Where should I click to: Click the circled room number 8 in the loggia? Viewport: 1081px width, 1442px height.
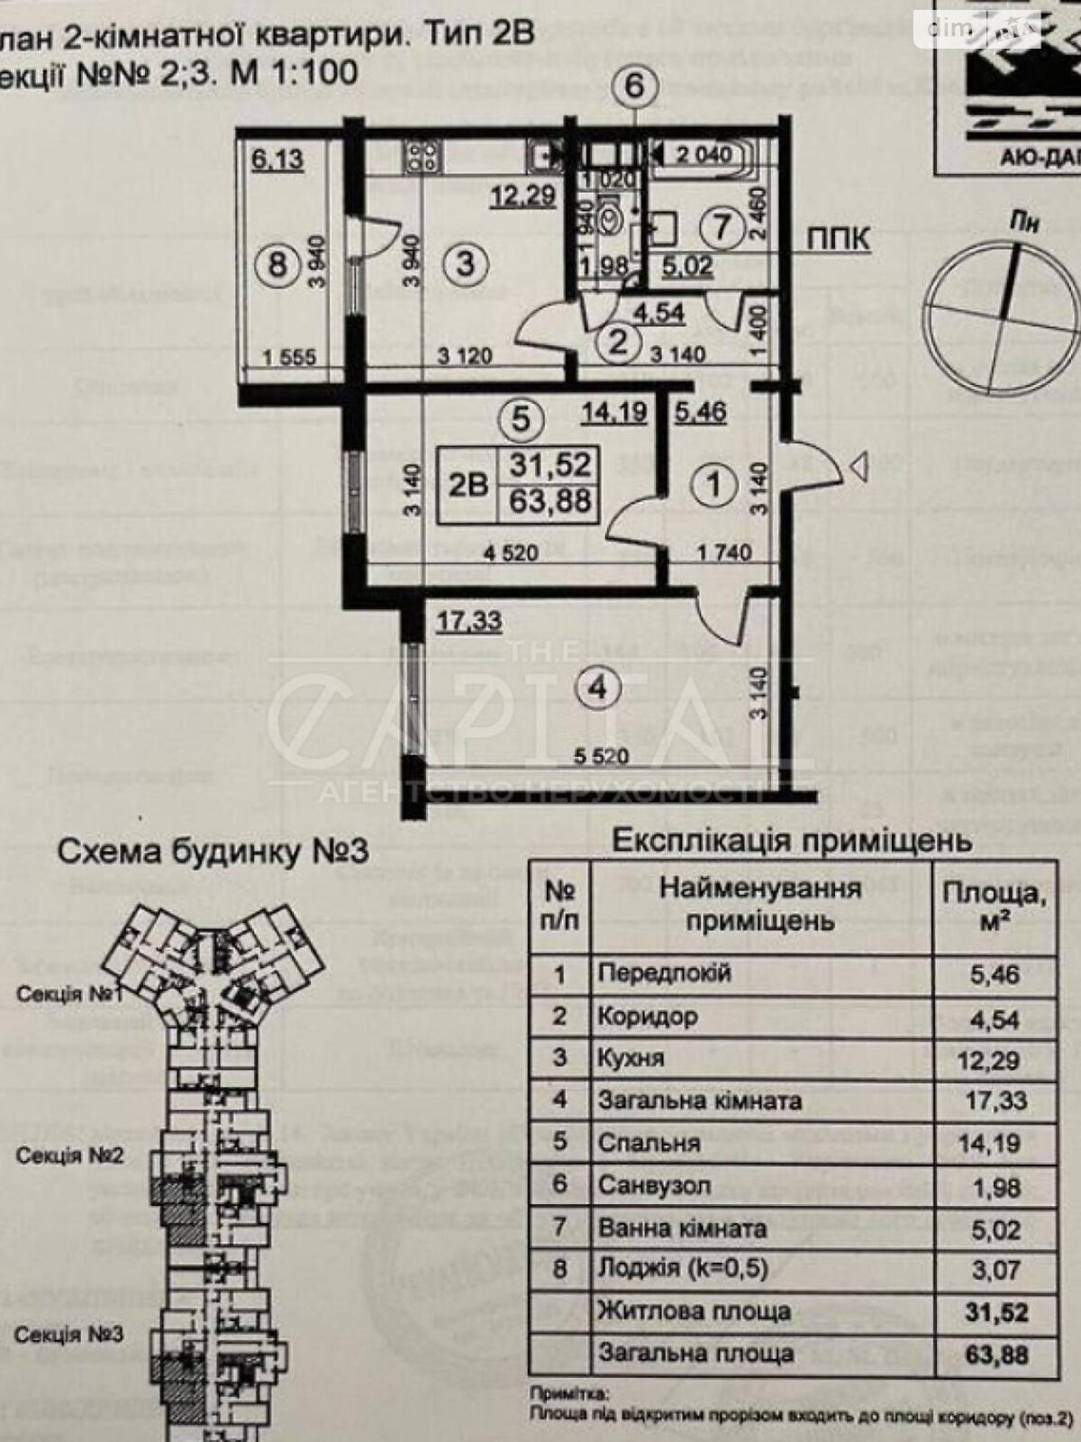click(277, 265)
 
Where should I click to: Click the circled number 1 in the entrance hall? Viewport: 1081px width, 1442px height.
click(713, 486)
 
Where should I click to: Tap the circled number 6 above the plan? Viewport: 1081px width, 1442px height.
click(636, 87)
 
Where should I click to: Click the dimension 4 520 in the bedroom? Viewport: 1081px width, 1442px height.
click(509, 552)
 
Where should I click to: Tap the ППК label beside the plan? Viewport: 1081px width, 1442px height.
click(838, 239)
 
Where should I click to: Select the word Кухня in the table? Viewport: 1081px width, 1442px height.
click(631, 1058)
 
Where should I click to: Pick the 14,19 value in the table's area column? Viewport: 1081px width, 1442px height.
click(995, 1144)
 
